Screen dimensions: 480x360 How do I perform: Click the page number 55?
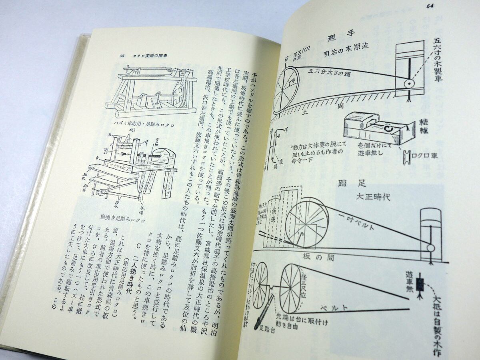(x=123, y=56)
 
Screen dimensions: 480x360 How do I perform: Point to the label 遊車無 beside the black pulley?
(x=409, y=282)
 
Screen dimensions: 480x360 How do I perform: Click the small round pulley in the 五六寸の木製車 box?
(x=409, y=84)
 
